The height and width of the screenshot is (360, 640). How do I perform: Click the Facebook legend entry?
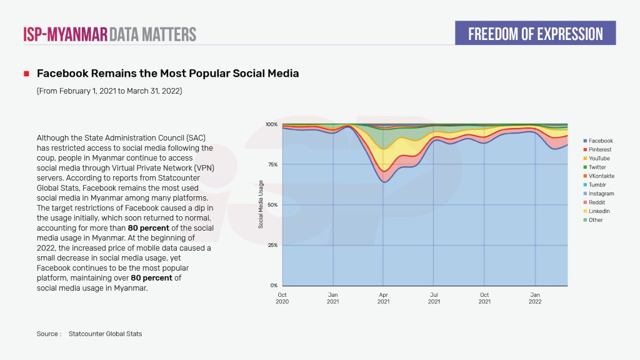tap(600, 141)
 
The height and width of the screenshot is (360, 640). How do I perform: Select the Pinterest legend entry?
tap(599, 150)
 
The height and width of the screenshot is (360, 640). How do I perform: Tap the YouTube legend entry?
tap(599, 159)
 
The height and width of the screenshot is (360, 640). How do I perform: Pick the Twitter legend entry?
tap(597, 167)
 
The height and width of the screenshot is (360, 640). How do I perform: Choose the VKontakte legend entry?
tap(601, 176)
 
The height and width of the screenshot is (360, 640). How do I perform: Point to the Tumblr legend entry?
tap(597, 185)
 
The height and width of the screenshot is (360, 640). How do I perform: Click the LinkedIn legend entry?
tap(599, 211)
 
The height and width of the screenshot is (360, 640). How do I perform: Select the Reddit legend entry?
tap(596, 202)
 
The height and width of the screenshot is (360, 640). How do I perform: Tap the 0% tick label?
tap(273, 285)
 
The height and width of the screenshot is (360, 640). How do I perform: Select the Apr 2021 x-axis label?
tap(384, 297)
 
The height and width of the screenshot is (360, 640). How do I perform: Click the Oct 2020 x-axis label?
tap(282, 297)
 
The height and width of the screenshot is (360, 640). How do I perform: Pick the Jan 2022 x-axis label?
tap(536, 297)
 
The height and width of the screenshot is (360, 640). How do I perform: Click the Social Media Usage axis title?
tap(261, 204)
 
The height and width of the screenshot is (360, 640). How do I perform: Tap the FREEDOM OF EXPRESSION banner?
tap(535, 33)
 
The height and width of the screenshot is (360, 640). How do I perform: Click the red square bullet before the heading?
tap(27, 74)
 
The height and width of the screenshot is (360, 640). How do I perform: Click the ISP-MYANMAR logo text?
tap(66, 34)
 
